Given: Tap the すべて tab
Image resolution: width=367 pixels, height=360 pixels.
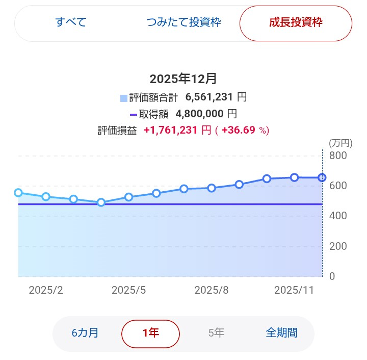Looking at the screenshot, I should pyautogui.click(x=71, y=23).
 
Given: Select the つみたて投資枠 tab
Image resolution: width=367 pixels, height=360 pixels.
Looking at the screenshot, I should pyautogui.click(x=183, y=23).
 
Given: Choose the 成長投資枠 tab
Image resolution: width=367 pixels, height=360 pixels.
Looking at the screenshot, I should pyautogui.click(x=296, y=23).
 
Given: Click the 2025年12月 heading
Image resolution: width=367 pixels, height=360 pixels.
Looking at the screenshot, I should pyautogui.click(x=183, y=79).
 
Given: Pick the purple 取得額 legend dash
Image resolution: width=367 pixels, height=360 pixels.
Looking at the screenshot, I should pyautogui.click(x=134, y=114).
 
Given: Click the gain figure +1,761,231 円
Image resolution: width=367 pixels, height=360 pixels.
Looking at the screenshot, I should pyautogui.click(x=177, y=131).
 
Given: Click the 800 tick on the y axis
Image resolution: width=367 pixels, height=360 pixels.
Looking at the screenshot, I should pyautogui.click(x=338, y=156).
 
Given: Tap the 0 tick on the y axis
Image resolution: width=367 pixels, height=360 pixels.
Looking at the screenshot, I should pyautogui.click(x=332, y=276).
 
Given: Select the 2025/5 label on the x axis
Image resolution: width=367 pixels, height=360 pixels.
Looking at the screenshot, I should pyautogui.click(x=129, y=290).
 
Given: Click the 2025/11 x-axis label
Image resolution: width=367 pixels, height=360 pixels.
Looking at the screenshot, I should pyautogui.click(x=294, y=290).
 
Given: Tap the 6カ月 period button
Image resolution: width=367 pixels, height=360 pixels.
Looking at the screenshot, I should pyautogui.click(x=85, y=333).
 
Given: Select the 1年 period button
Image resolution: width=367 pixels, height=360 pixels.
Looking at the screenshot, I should pyautogui.click(x=150, y=333).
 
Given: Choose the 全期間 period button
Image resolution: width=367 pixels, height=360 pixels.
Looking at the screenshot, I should pyautogui.click(x=281, y=333).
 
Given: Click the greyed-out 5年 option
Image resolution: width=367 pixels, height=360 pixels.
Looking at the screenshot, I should pyautogui.click(x=216, y=333).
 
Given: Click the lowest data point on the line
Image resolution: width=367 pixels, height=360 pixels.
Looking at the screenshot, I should pyautogui.click(x=101, y=202).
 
